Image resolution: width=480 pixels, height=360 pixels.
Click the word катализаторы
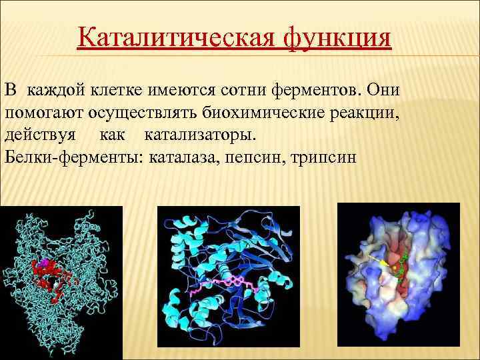click(199, 135)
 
